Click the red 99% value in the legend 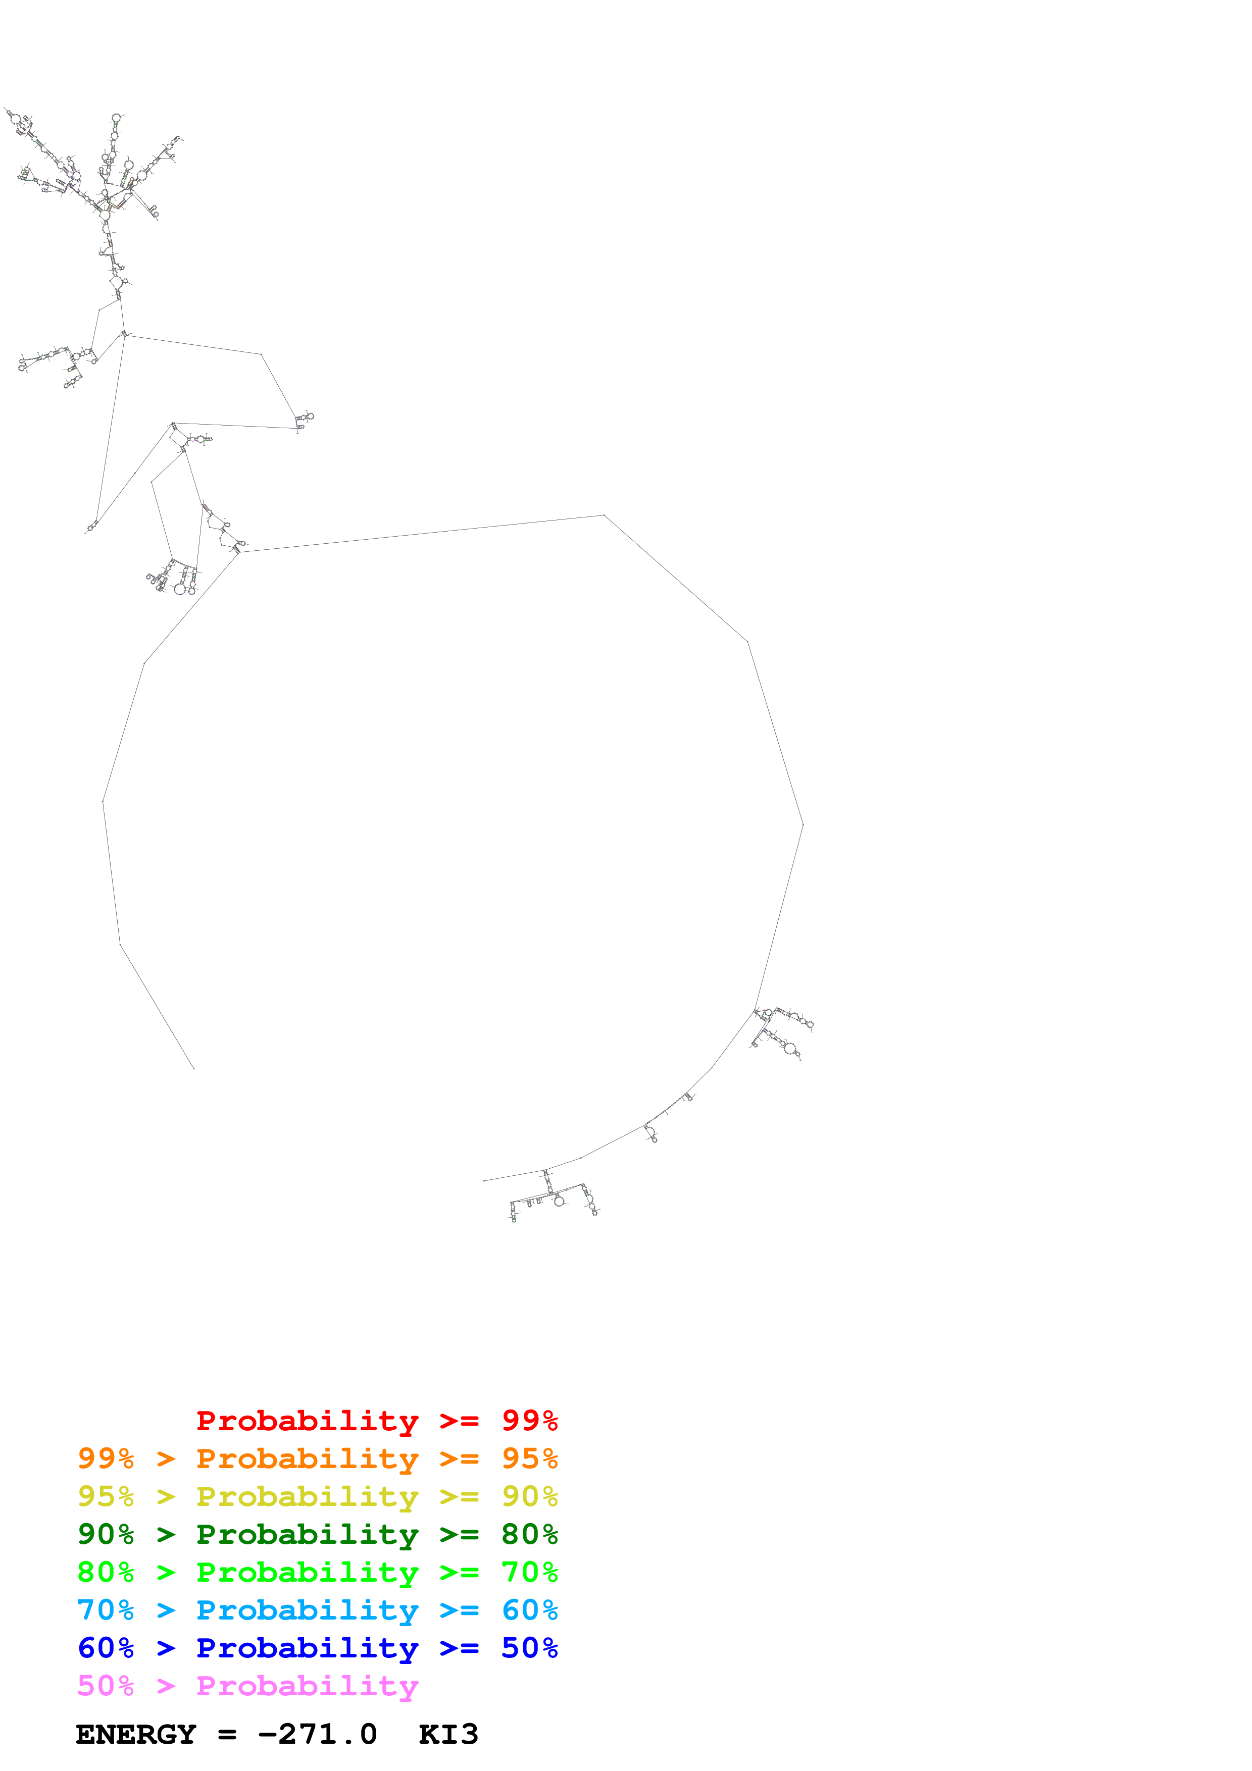[x=529, y=1420]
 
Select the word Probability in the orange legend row [x=307, y=1459]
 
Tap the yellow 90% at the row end [x=529, y=1496]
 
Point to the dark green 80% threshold [x=529, y=1534]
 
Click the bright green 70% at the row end [x=529, y=1572]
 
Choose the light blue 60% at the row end [x=529, y=1610]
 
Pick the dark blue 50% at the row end [x=529, y=1648]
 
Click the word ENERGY [x=136, y=1735]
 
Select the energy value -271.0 [x=317, y=1735]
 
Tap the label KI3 [x=448, y=1735]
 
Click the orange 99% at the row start [x=106, y=1459]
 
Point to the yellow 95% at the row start [x=106, y=1496]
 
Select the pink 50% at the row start [x=106, y=1685]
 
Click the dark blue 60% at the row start [x=106, y=1648]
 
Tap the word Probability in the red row [x=307, y=1421]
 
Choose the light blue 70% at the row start [x=106, y=1610]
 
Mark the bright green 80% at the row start [x=106, y=1572]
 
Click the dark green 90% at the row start [x=106, y=1534]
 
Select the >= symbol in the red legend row [x=459, y=1421]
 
